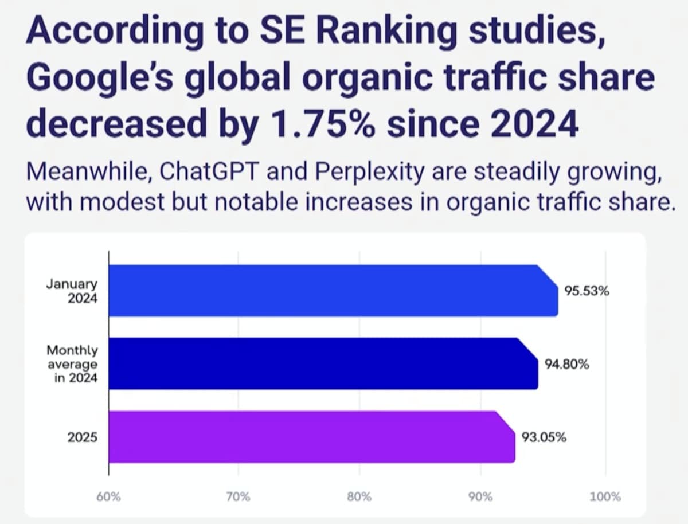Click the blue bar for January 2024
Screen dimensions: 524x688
click(333, 291)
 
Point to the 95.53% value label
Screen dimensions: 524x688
click(587, 291)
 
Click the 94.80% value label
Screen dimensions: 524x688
click(567, 364)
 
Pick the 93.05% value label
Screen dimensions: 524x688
click(544, 437)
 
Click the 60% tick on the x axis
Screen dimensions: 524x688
click(109, 496)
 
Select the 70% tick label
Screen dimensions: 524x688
click(238, 496)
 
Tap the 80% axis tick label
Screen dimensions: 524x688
click(359, 496)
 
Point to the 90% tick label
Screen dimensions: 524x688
click(481, 496)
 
